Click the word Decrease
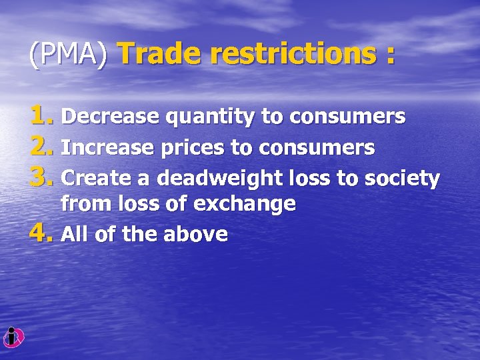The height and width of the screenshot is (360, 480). click(x=109, y=117)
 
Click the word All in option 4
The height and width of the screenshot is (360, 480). click(x=72, y=234)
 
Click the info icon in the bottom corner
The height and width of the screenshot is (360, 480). click(x=13, y=338)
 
